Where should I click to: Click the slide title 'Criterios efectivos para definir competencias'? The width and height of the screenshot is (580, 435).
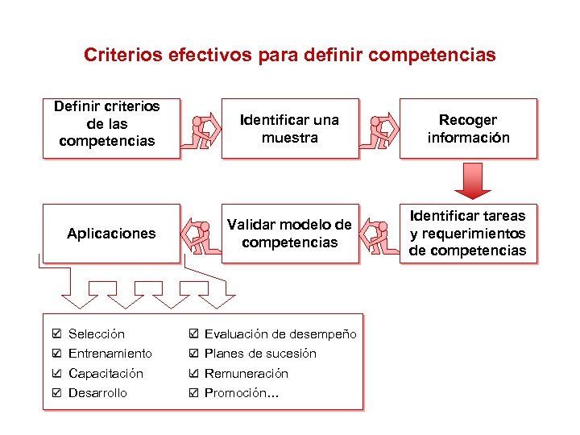pyautogui.click(x=290, y=56)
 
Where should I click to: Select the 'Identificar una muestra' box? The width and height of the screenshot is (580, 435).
pyautogui.click(x=290, y=128)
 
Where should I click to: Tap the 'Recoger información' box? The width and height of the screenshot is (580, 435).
pyautogui.click(x=468, y=128)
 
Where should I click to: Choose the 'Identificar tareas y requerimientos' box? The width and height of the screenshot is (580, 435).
pyautogui.click(x=468, y=233)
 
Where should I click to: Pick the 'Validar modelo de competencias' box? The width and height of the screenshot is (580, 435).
pyautogui.click(x=290, y=233)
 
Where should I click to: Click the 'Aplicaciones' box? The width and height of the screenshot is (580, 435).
pyautogui.click(x=110, y=234)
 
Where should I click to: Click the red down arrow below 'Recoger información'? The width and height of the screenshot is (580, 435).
pyautogui.click(x=472, y=180)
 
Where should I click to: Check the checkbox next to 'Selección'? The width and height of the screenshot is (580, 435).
pyautogui.click(x=56, y=333)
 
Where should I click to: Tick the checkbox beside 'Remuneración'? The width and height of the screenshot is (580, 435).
pyautogui.click(x=193, y=373)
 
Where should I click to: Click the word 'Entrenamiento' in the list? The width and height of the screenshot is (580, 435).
pyautogui.click(x=110, y=354)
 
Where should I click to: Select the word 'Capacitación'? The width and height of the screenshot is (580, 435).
pyautogui.click(x=106, y=373)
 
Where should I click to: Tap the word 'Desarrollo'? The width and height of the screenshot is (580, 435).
pyautogui.click(x=97, y=393)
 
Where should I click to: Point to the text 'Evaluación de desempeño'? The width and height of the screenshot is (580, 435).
pyautogui.click(x=280, y=333)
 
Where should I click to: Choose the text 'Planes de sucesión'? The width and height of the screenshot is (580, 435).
pyautogui.click(x=260, y=354)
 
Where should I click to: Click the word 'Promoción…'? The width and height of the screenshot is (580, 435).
pyautogui.click(x=241, y=393)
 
